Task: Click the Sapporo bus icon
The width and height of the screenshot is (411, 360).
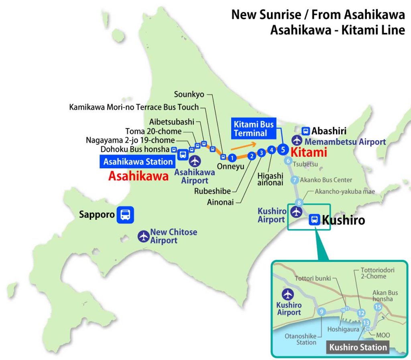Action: pos(125,215)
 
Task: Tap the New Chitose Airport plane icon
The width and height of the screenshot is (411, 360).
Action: pos(143,236)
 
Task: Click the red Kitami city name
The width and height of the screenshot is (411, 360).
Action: pos(309,153)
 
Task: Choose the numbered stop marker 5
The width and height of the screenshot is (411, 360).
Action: pos(283,150)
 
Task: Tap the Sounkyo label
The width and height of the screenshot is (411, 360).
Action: pos(189,94)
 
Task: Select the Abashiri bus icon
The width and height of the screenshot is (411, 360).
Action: pos(306,131)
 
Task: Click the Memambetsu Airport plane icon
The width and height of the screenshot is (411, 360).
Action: pos(297,141)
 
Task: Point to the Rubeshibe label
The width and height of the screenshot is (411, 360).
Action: pos(212,191)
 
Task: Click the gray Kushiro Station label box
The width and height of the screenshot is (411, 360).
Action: pos(358,347)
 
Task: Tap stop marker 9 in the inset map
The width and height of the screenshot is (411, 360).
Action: pos(321,312)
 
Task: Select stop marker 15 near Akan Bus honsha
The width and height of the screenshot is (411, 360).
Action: pos(377,307)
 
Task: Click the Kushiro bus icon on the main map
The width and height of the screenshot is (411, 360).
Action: pos(315,219)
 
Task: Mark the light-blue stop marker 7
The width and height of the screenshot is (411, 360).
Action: pos(295,180)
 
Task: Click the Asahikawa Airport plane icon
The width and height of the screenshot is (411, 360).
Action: pos(195,161)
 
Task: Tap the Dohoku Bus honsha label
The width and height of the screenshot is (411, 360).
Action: pos(135,149)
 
